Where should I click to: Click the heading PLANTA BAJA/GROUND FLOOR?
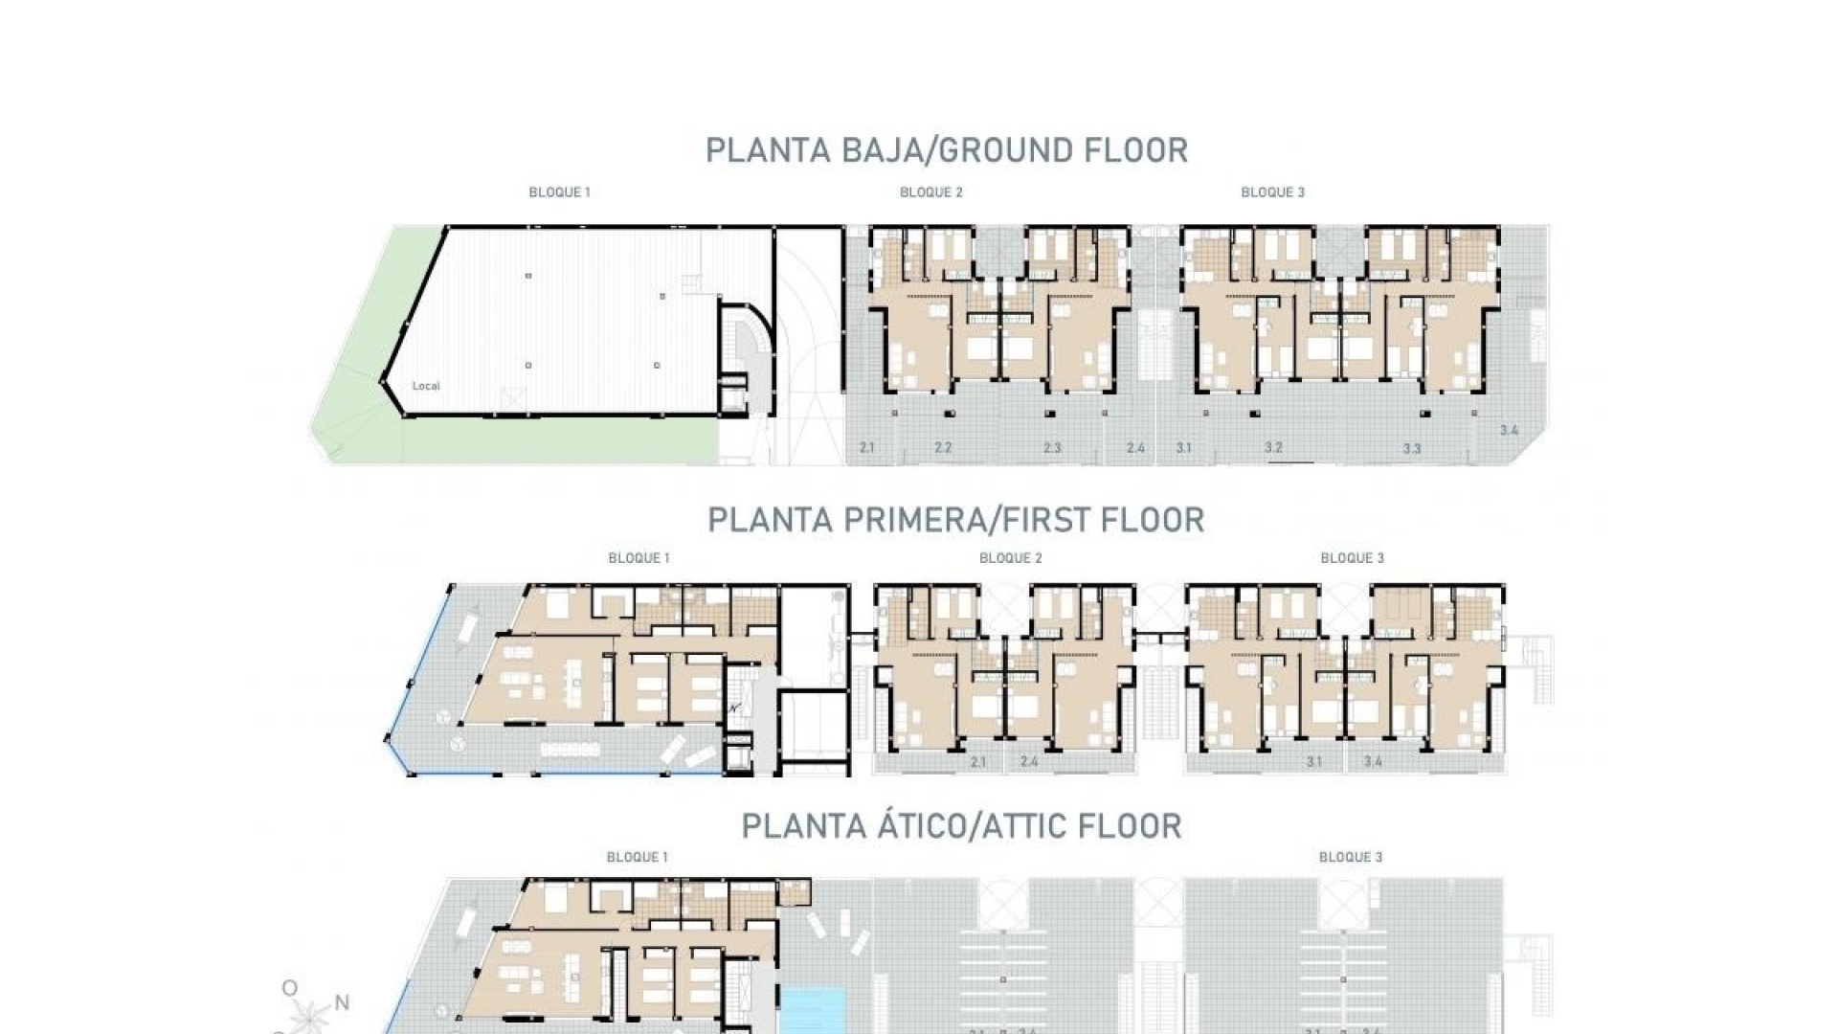(946, 150)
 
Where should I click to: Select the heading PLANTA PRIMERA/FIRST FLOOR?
(955, 520)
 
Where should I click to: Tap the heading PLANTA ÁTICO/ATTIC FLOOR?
(961, 825)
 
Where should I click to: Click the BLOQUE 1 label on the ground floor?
(559, 192)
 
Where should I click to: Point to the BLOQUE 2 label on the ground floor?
(930, 192)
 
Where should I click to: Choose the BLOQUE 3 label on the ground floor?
(1272, 192)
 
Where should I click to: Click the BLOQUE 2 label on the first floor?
(1010, 558)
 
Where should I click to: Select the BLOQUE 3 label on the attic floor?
(1350, 857)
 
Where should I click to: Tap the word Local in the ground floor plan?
(426, 387)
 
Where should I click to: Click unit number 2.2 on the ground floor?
(943, 447)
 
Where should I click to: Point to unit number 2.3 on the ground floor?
(1052, 447)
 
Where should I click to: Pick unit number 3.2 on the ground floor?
(1273, 447)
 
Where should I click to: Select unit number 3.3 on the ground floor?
(1412, 448)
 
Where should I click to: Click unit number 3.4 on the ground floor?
(1509, 431)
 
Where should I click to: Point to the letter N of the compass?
(341, 1003)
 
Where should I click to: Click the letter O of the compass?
(289, 988)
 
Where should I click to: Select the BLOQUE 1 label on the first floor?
(639, 558)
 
